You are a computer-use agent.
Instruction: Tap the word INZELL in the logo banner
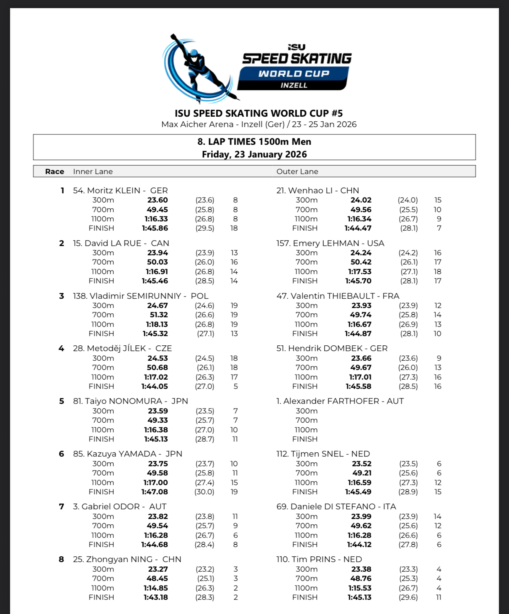pos(294,85)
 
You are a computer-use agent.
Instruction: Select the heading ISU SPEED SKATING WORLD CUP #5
pos(258,113)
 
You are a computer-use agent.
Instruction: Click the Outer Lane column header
pos(297,172)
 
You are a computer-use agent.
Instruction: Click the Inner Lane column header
pos(93,172)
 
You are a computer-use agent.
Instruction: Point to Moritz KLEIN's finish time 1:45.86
pos(155,228)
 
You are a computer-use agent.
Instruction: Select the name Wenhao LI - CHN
pos(318,191)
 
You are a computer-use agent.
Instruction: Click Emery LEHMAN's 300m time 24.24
pos(361,253)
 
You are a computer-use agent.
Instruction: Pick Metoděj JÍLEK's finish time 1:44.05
pos(155,386)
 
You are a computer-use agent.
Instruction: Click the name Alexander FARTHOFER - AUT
pos(340,401)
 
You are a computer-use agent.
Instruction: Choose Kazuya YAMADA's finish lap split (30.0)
pos(204,492)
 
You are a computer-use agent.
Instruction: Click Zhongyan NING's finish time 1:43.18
pos(156,597)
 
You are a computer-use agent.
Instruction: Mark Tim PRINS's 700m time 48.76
pos(361,579)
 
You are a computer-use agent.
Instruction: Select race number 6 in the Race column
pos(61,454)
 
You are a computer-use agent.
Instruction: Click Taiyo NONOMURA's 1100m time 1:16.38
pos(156,430)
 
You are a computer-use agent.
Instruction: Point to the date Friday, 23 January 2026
pos(254,154)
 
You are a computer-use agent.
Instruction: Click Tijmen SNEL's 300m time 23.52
pos(362,464)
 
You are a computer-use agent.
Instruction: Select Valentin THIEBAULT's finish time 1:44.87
pos(358,334)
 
